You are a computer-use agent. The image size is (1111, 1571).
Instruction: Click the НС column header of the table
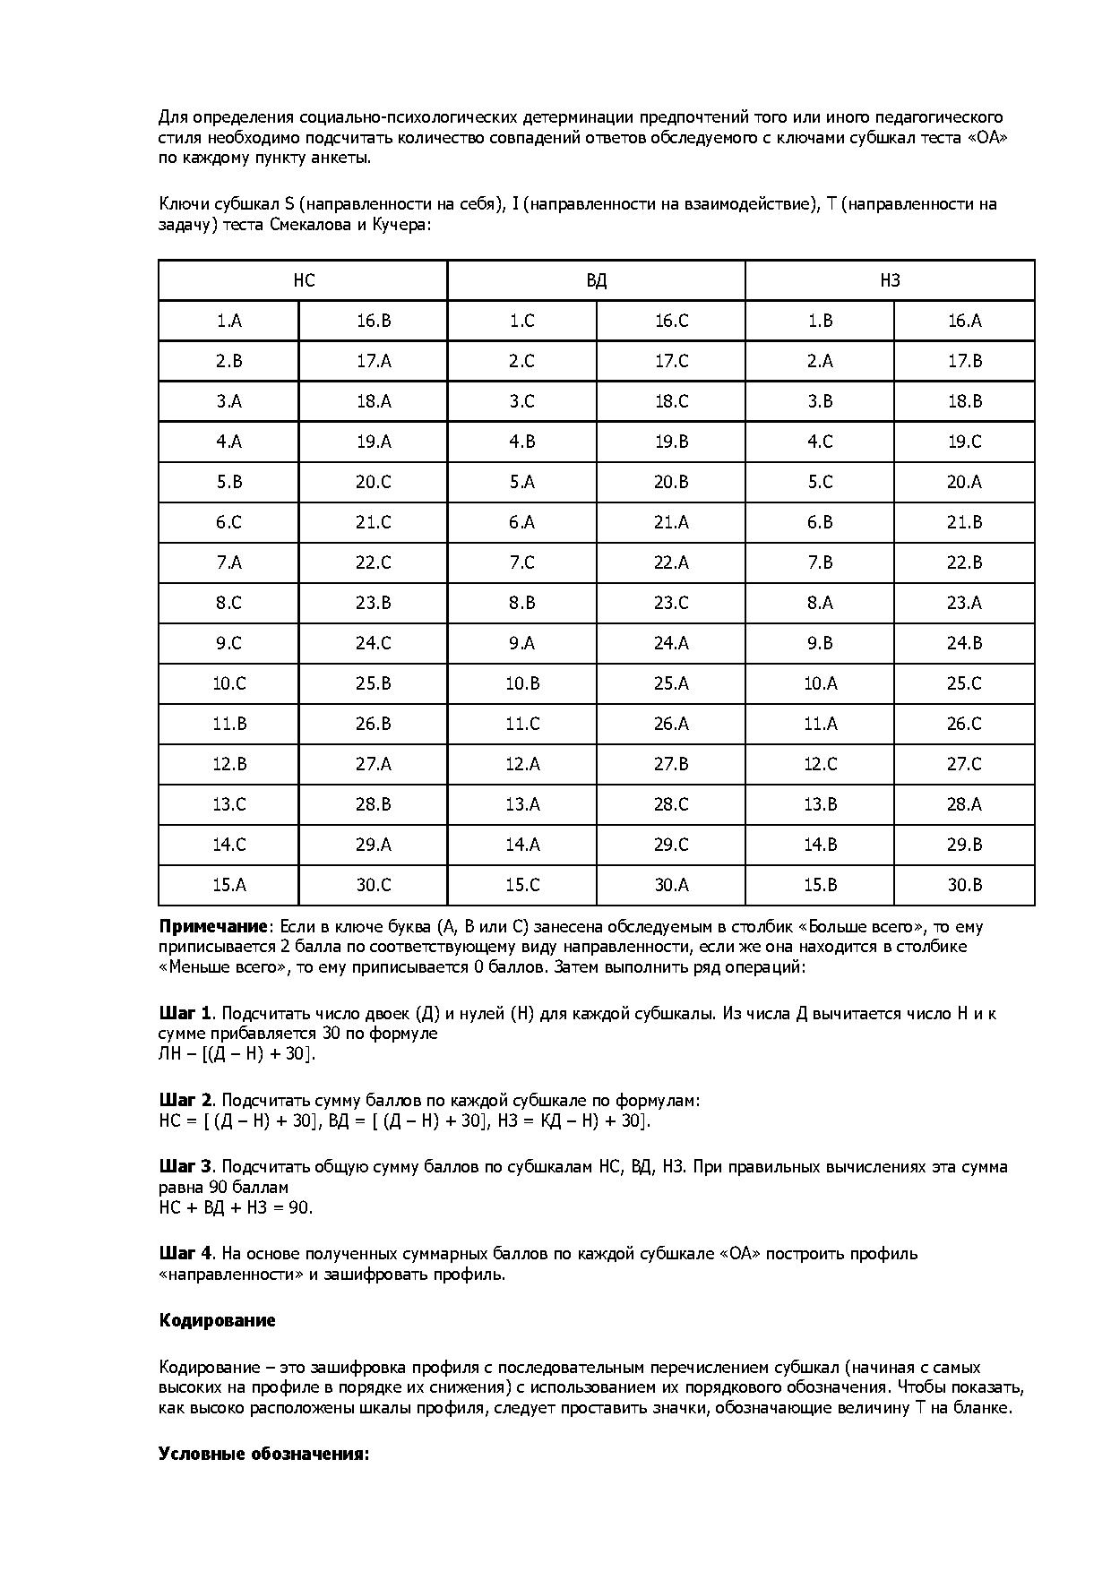click(x=304, y=280)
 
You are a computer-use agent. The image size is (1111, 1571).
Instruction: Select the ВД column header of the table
click(x=596, y=280)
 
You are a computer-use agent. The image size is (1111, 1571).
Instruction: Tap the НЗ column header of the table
click(x=890, y=280)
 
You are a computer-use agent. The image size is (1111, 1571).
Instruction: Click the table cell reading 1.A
click(x=228, y=321)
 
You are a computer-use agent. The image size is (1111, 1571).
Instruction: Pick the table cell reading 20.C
click(x=373, y=482)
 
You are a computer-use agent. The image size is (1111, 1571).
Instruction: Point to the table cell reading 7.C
click(x=521, y=562)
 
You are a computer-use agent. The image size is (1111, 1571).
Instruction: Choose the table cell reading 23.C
click(x=670, y=603)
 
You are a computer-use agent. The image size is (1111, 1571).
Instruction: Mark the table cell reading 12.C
click(x=820, y=764)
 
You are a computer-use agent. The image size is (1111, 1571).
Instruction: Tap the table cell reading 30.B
click(x=964, y=885)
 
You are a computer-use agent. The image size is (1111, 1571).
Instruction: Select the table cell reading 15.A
click(x=228, y=885)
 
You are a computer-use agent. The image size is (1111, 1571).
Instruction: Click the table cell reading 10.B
click(x=521, y=683)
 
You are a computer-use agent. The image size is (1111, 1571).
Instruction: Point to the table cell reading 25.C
click(x=964, y=683)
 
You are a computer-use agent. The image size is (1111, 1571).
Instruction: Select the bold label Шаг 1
click(x=185, y=1013)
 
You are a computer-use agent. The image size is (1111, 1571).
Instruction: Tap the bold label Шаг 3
click(x=185, y=1166)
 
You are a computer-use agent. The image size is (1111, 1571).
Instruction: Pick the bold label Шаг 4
click(x=185, y=1253)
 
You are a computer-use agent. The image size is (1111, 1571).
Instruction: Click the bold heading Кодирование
click(x=217, y=1320)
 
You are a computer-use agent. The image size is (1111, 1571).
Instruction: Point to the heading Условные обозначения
click(x=263, y=1453)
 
